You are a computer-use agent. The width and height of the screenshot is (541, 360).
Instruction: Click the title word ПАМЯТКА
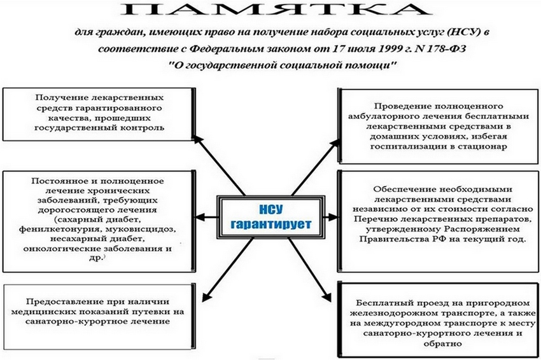tap(276, 10)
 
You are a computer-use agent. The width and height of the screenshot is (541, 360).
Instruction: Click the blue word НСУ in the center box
tap(271, 209)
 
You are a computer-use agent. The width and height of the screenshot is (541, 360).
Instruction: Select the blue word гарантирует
tap(271, 225)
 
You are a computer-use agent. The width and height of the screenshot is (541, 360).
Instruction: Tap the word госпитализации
tap(405, 146)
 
